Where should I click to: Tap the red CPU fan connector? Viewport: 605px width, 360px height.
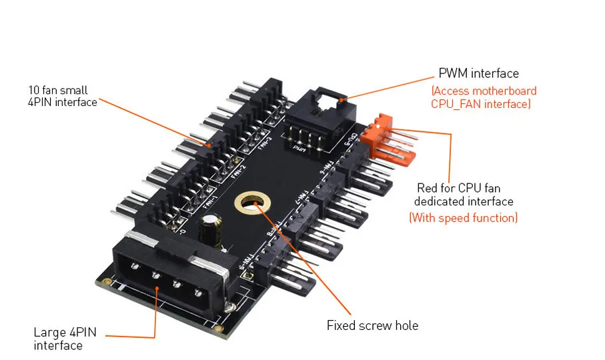(x=388, y=139)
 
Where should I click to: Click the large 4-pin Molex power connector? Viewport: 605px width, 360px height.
(x=167, y=279)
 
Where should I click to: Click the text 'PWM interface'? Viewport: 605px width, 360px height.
(x=478, y=73)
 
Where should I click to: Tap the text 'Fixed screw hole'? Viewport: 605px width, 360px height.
(x=372, y=325)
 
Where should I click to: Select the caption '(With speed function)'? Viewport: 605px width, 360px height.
(x=463, y=217)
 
